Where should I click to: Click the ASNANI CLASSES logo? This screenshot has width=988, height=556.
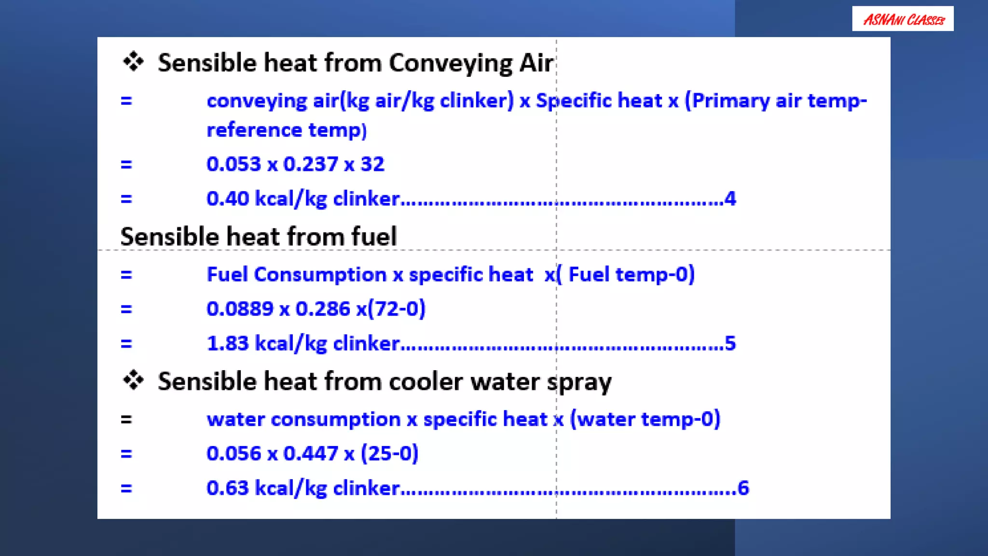[x=903, y=19]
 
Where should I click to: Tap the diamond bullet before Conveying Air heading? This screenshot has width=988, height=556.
[x=133, y=62]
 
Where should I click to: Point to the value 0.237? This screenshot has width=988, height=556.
[x=310, y=164]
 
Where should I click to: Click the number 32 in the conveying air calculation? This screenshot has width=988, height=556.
[x=372, y=164]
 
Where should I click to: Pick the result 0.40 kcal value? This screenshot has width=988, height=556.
[x=228, y=199]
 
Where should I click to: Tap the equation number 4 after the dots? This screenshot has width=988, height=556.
[x=730, y=199]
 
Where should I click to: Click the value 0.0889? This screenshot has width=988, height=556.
[x=240, y=309]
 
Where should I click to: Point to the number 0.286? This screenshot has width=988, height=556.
[x=323, y=309]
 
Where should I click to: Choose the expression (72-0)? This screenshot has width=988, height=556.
[x=397, y=309]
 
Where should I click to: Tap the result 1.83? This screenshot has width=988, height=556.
[x=227, y=344]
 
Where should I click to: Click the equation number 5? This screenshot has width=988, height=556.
[x=730, y=344]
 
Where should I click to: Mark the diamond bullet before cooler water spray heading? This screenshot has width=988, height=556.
[x=133, y=380]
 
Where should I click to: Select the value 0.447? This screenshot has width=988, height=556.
[x=310, y=454]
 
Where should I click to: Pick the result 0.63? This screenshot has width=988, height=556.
[x=227, y=488]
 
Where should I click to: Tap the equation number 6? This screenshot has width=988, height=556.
[x=743, y=488]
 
